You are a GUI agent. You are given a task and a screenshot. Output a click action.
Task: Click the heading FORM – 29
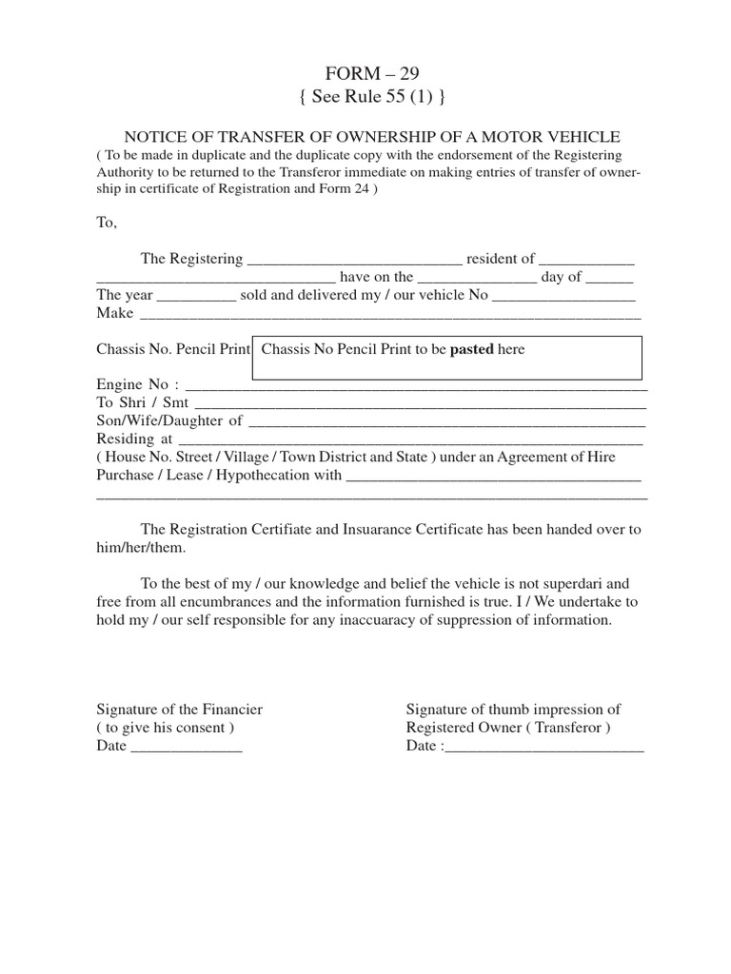click(x=365, y=74)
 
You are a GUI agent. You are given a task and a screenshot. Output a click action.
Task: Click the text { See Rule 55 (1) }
click(x=365, y=97)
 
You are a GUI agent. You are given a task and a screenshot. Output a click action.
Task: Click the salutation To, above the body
click(x=107, y=222)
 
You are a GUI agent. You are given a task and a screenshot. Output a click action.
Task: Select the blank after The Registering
click(x=354, y=261)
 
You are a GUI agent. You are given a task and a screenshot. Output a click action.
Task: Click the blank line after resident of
click(x=586, y=261)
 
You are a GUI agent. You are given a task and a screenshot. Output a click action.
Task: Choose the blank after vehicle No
click(x=566, y=297)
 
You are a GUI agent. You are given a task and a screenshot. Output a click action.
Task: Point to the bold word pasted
click(x=471, y=350)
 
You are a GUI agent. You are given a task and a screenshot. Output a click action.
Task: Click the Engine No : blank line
click(x=415, y=386)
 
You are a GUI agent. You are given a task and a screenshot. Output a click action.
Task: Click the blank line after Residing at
click(x=409, y=440)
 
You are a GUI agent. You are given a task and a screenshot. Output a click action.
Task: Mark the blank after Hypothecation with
click(x=493, y=477)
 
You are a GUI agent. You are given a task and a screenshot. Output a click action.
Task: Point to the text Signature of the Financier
click(x=180, y=710)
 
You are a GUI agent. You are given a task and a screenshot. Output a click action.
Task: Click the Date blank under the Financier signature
click(x=186, y=748)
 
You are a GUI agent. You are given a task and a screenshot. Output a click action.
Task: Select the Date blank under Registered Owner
click(x=543, y=748)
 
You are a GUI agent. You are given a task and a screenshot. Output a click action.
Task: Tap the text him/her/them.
click(x=142, y=548)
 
